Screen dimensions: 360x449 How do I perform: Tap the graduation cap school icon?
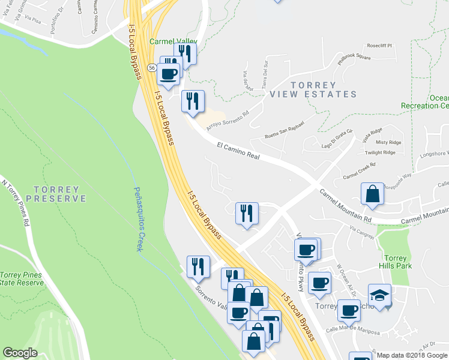tap(379, 295)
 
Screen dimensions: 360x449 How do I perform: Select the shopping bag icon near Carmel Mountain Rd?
tap(372, 194)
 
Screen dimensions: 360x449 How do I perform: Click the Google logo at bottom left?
tap(20, 353)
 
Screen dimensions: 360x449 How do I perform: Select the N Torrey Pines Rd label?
tap(16, 204)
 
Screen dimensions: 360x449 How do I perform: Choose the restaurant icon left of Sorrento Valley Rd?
tap(198, 266)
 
